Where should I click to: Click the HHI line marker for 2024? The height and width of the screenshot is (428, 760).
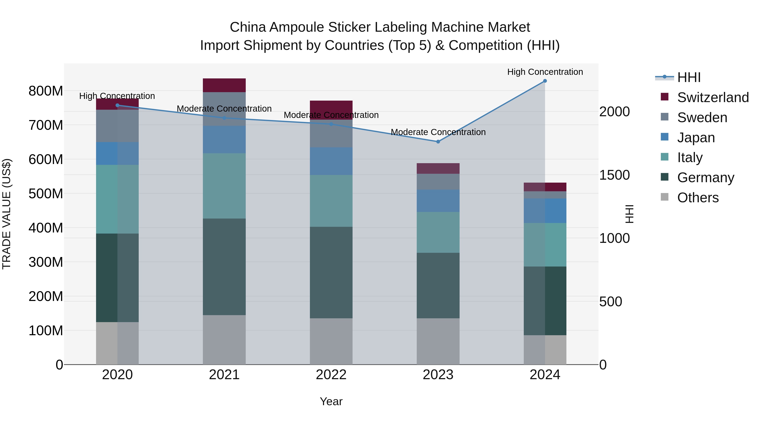coord(545,81)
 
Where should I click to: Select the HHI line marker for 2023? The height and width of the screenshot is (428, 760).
coord(438,142)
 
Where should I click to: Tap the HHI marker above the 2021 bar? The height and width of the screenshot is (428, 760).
coord(224,118)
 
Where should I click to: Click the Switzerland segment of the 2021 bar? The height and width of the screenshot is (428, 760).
coord(224,85)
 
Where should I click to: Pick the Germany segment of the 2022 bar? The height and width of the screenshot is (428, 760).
coord(331,272)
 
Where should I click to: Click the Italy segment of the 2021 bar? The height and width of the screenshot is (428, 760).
coord(224,186)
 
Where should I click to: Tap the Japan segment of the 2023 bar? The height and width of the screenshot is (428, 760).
coord(438,201)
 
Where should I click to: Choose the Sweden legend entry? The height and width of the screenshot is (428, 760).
coord(702,118)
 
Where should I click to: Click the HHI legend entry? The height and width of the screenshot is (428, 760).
coord(689,77)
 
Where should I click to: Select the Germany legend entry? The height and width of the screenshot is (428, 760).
coord(705,178)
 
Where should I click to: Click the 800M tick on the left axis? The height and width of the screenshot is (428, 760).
coord(46,91)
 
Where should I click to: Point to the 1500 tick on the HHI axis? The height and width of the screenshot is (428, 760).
coord(615,175)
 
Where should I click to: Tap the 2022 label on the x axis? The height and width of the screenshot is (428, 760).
coord(331,375)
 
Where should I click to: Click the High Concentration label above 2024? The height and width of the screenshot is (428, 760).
coord(545,72)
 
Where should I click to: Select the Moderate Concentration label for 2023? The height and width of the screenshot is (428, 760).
coord(438,132)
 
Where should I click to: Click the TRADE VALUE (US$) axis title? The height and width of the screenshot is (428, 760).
coord(7,214)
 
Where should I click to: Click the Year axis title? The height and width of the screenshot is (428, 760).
coord(331,401)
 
